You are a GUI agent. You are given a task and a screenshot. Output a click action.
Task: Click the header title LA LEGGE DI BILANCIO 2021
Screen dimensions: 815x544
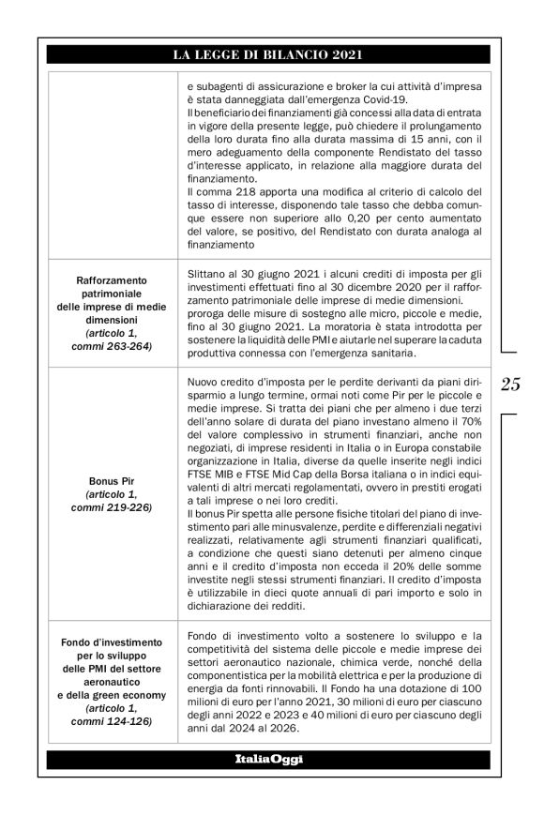[272, 56]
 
